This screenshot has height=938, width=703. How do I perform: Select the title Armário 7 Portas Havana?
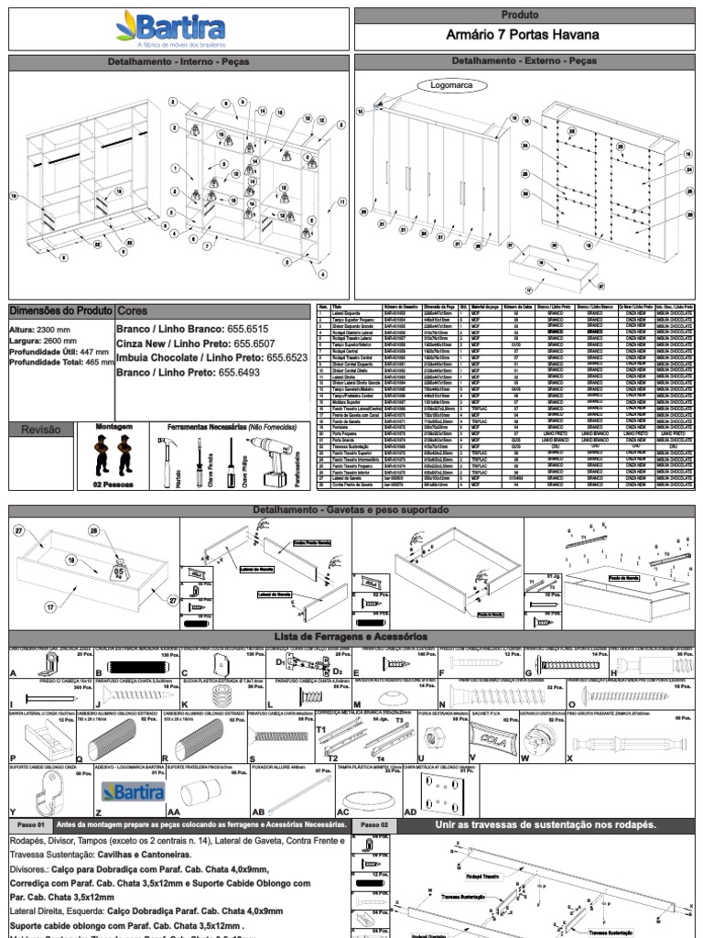click(522, 36)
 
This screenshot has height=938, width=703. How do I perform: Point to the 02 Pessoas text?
click(114, 483)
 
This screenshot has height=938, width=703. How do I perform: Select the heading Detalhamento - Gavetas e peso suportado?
click(351, 509)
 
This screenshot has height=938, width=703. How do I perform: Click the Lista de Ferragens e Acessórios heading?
click(351, 637)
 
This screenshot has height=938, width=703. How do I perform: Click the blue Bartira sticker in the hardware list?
click(134, 791)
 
